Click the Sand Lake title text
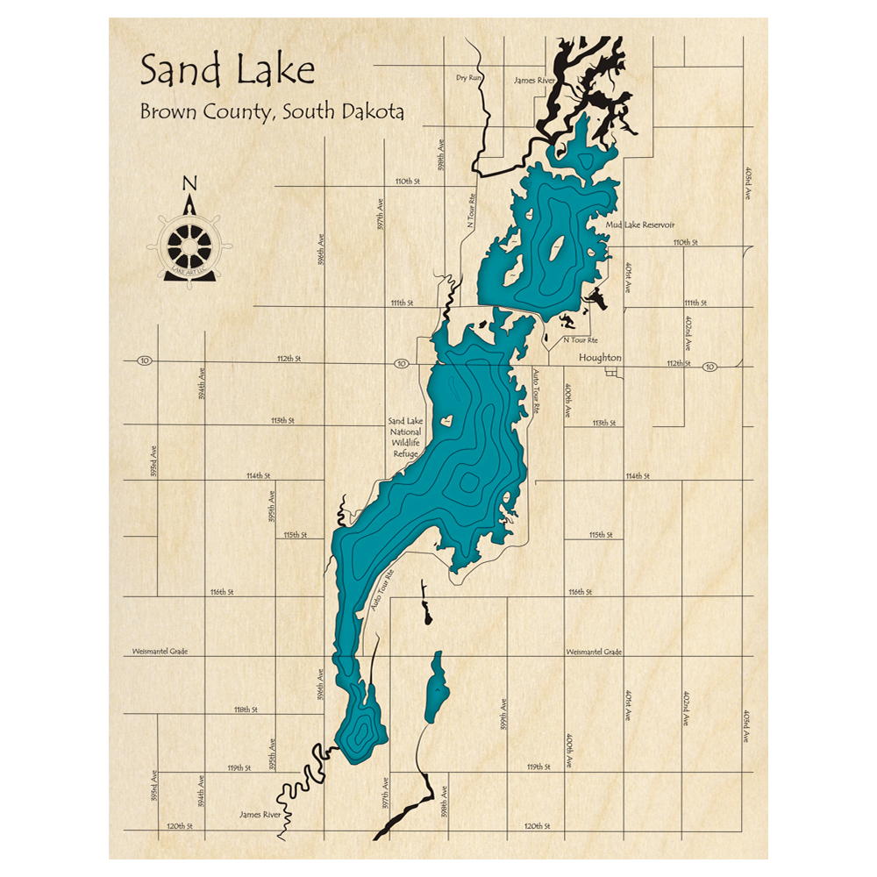coord(226,69)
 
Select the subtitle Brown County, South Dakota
coord(271,113)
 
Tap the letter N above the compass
coord(189,183)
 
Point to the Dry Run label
coord(469,78)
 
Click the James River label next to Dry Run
coord(534,81)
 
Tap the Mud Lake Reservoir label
coord(639,225)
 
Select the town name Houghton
coord(600,358)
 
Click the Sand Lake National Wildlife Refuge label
coord(405,438)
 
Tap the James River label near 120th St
coord(260,815)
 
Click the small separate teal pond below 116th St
coord(436,688)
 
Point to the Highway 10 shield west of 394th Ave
coord(145,360)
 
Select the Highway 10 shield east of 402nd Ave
coord(709,367)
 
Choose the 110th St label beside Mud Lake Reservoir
coord(684,242)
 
